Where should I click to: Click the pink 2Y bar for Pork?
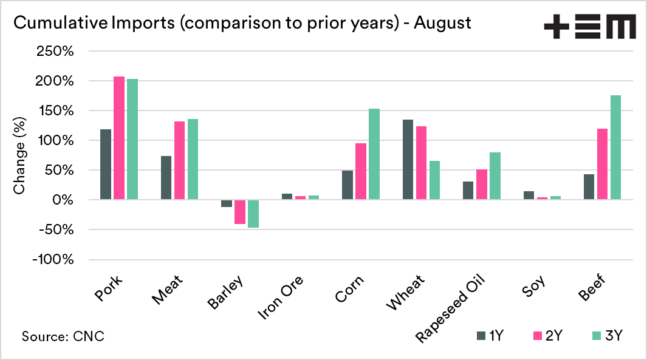[119, 138]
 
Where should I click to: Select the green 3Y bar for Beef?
[615, 148]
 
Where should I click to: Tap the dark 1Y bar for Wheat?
[408, 160]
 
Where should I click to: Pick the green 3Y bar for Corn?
[374, 154]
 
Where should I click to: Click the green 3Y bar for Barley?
[253, 214]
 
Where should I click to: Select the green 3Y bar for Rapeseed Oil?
[495, 176]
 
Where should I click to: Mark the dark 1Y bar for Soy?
[529, 195]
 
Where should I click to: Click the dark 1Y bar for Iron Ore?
[287, 197]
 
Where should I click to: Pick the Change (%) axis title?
[19, 156]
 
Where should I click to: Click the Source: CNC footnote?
[63, 336]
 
